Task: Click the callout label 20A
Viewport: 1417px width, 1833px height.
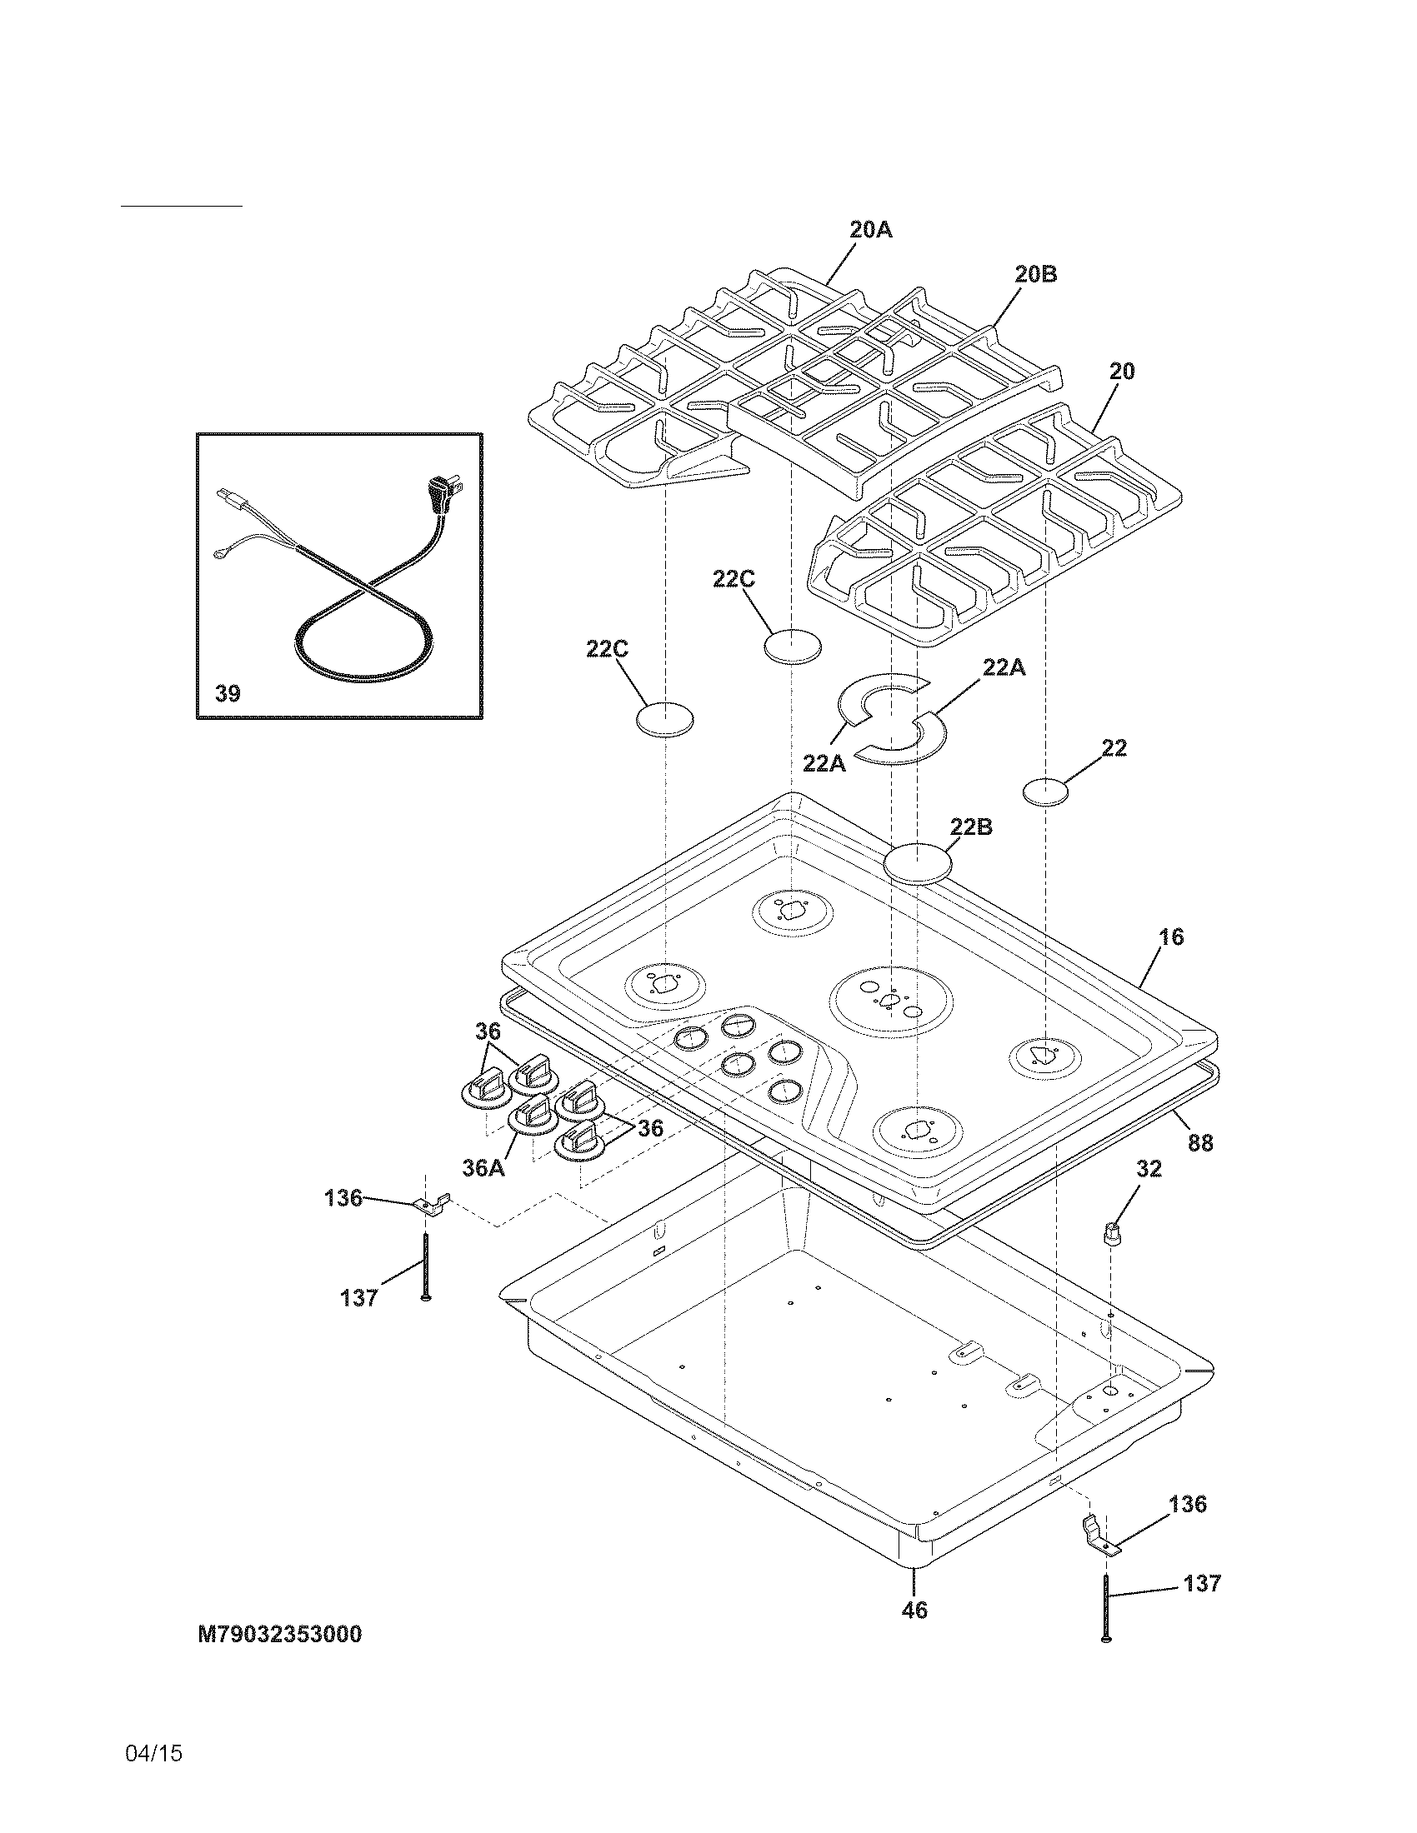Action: click(870, 230)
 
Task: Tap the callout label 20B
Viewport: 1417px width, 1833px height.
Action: click(1035, 274)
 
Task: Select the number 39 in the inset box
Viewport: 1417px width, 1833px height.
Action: click(228, 693)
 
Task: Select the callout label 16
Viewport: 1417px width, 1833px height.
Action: click(1170, 937)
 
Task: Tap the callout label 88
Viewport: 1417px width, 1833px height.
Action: click(1200, 1142)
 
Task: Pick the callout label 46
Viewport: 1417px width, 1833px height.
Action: click(914, 1610)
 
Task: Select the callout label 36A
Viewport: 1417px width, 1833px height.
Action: click(483, 1167)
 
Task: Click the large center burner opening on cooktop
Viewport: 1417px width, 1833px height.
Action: click(891, 998)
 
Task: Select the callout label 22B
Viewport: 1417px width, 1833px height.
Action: click(971, 827)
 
